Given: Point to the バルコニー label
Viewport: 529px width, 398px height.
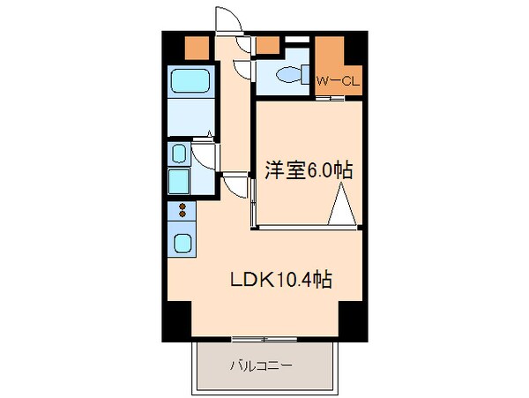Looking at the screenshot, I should point(263,364).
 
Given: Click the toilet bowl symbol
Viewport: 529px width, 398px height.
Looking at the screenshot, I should point(287,77).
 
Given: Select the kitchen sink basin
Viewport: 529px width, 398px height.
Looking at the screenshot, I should point(184,243).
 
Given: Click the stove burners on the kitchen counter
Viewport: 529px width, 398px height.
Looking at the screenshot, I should point(183,212).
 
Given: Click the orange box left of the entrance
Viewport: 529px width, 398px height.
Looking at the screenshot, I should point(197,47).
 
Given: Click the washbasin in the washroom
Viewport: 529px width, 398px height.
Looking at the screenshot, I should point(179,156).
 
